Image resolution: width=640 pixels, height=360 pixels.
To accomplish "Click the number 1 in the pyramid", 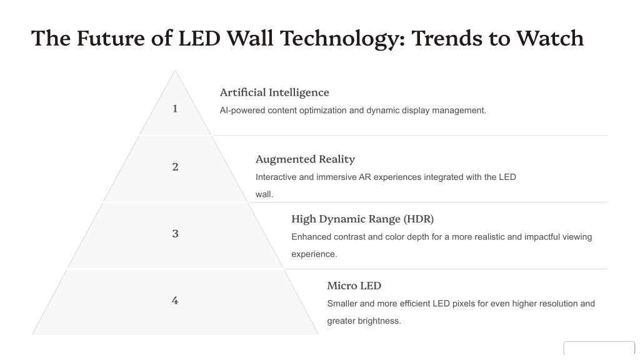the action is click(175, 109).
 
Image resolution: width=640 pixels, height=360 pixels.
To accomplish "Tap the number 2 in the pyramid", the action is click(175, 167).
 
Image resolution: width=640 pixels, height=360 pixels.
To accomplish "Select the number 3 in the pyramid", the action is click(175, 234).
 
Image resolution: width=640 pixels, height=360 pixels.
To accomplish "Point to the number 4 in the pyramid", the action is click(175, 301).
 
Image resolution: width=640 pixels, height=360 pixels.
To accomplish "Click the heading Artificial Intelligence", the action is click(274, 92).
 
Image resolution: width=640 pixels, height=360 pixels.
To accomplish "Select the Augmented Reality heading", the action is click(305, 159).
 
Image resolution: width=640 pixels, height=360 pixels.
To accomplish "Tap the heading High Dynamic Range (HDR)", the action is click(362, 219).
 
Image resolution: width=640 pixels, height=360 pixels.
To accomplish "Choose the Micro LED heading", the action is click(354, 286).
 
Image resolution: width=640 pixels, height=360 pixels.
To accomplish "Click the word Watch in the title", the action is click(550, 38).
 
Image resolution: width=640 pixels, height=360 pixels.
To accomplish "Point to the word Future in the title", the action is click(110, 38).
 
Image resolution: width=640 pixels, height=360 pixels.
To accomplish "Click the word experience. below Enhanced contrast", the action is click(314, 254).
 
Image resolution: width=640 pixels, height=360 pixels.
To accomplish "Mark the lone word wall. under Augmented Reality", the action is click(264, 195).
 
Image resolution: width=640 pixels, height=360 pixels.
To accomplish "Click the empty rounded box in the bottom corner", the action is click(599, 349).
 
